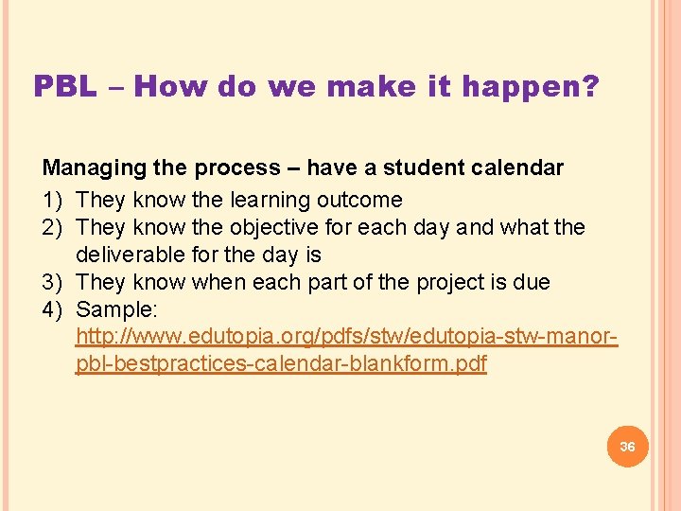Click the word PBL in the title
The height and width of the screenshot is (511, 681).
click(65, 87)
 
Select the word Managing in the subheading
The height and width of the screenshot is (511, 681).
click(90, 168)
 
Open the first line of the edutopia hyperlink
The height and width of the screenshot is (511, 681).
click(346, 337)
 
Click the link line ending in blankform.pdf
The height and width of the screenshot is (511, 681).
click(281, 364)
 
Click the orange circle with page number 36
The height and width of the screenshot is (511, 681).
click(627, 446)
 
